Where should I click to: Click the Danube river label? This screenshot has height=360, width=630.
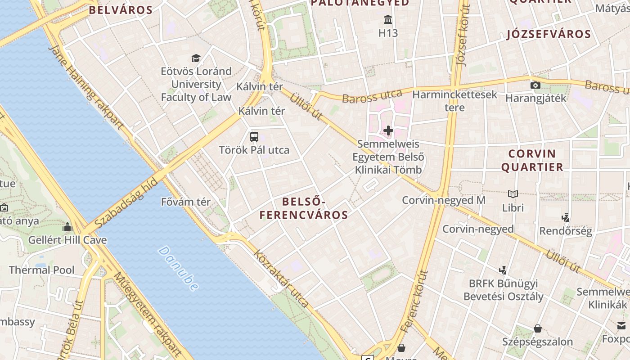click(x=179, y=268)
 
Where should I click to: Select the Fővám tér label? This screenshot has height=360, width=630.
click(x=185, y=202)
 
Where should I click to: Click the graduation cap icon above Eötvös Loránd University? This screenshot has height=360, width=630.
click(x=196, y=58)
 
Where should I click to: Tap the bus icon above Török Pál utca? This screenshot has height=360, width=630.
click(x=254, y=136)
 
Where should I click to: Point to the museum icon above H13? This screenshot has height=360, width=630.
click(x=388, y=20)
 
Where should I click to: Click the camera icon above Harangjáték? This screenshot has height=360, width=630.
click(x=535, y=85)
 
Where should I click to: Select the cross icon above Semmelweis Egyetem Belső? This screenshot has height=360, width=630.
click(x=388, y=131)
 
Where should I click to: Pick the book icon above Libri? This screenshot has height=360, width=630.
click(x=513, y=194)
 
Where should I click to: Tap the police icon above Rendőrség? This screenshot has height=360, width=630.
click(x=566, y=218)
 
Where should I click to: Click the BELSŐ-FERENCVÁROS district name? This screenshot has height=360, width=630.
click(x=304, y=208)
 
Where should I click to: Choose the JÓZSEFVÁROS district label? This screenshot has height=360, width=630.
click(x=549, y=34)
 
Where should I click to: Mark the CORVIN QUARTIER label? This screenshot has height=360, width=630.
click(x=532, y=160)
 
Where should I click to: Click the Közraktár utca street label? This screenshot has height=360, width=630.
click(x=281, y=279)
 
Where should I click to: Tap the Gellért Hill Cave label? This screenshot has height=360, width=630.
click(x=67, y=240)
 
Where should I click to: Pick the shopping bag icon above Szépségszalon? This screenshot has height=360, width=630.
click(x=537, y=328)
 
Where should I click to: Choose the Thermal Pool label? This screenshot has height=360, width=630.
click(x=42, y=270)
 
